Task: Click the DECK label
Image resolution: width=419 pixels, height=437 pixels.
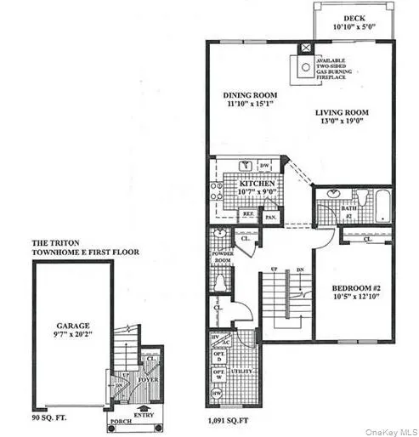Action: [x=355, y=18]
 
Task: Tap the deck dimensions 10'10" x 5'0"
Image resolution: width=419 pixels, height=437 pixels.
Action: [x=355, y=28]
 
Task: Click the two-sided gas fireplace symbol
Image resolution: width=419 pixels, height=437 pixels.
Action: [x=304, y=65]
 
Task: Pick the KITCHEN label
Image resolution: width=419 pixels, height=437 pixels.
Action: [x=256, y=183]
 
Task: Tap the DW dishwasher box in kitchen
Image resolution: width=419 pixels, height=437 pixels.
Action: [x=264, y=165]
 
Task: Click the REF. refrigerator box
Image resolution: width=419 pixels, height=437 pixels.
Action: [x=250, y=216]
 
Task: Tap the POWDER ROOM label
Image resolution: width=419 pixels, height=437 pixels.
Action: [x=223, y=257]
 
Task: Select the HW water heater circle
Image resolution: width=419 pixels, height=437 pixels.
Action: [x=215, y=393]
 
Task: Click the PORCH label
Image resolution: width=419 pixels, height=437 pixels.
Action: [x=118, y=420]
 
